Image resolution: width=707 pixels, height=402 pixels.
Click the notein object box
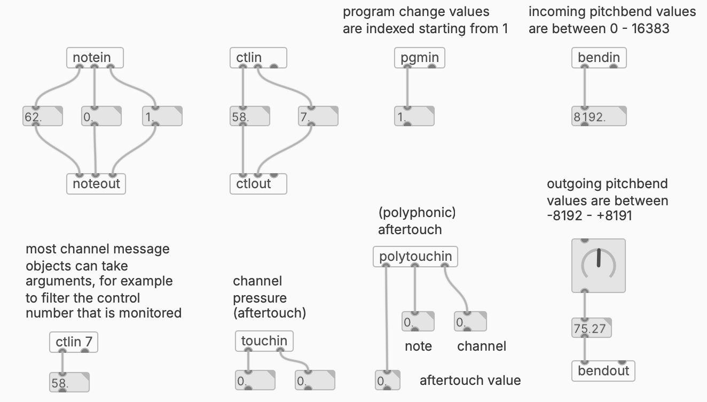click(95, 58)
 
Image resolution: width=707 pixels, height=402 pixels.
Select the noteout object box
click(96, 184)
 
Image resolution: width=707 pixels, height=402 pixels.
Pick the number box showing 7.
click(318, 117)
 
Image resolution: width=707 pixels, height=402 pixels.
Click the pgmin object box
click(419, 58)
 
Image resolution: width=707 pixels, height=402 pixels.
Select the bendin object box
click(599, 58)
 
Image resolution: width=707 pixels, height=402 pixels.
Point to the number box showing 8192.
click(599, 117)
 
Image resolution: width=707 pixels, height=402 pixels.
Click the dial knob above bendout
click(598, 266)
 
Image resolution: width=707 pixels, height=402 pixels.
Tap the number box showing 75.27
click(591, 328)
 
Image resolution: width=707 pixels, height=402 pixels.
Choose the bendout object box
click(603, 371)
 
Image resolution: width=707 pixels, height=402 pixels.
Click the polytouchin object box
click(415, 257)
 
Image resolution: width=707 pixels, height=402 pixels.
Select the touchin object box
click(264, 341)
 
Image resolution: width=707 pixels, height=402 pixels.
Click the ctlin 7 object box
click(74, 342)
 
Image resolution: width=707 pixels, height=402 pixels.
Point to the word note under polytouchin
click(418, 346)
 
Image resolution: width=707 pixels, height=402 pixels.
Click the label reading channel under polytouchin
click(482, 346)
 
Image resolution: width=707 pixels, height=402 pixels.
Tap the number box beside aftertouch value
click(387, 381)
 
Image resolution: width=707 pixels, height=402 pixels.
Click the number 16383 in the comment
click(650, 28)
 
